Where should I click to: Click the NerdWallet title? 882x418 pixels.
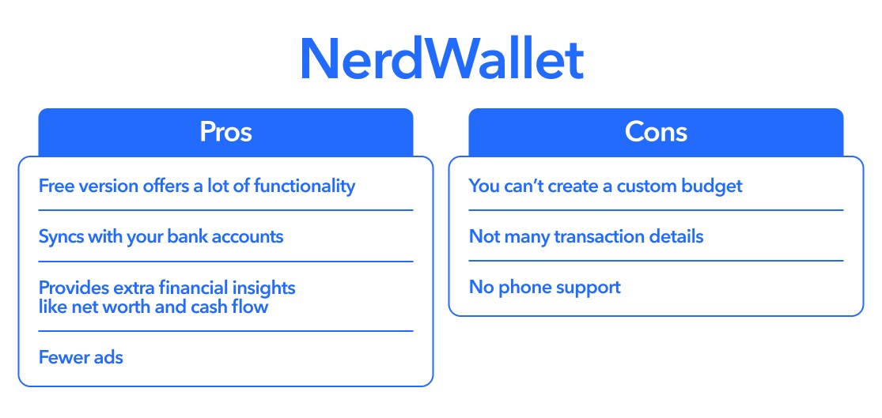[441, 59]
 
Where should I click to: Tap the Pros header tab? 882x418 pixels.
[225, 131]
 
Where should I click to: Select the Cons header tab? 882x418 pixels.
[656, 131]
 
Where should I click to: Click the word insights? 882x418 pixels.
[261, 288]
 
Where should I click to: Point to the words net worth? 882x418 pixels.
[110, 307]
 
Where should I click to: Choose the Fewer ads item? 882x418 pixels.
[81, 357]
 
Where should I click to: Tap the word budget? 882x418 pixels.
[714, 186]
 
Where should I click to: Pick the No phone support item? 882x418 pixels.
[544, 287]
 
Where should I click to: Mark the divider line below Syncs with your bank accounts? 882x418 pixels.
[225, 262]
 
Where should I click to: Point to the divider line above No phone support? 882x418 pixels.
[656, 261]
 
